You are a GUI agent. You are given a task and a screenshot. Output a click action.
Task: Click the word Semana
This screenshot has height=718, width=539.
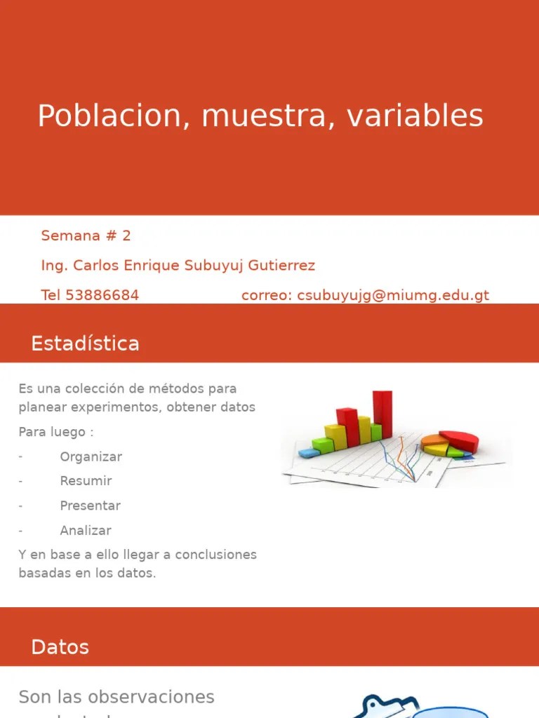[70, 236]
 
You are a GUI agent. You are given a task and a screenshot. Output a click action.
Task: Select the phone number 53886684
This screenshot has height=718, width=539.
[102, 296]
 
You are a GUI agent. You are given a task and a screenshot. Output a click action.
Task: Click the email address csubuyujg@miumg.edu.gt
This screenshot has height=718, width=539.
[393, 296]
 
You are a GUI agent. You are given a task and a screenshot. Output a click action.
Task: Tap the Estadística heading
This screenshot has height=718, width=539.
[85, 344]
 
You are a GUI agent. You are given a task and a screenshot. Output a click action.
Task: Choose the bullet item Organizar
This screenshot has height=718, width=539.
[91, 457]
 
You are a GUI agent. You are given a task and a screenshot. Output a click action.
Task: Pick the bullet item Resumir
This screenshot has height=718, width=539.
[86, 482]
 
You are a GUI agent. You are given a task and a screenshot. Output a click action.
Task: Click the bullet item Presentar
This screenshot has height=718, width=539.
[90, 506]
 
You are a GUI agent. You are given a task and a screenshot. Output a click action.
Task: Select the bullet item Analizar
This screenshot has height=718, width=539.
[85, 531]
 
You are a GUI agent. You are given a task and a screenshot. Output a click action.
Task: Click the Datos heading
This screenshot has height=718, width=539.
[60, 647]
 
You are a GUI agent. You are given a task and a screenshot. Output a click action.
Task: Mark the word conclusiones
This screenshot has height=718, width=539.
[215, 555]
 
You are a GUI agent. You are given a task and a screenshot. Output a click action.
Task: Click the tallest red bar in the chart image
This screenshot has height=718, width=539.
[382, 414]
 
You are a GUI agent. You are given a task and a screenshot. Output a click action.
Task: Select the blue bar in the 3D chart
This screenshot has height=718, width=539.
[308, 453]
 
